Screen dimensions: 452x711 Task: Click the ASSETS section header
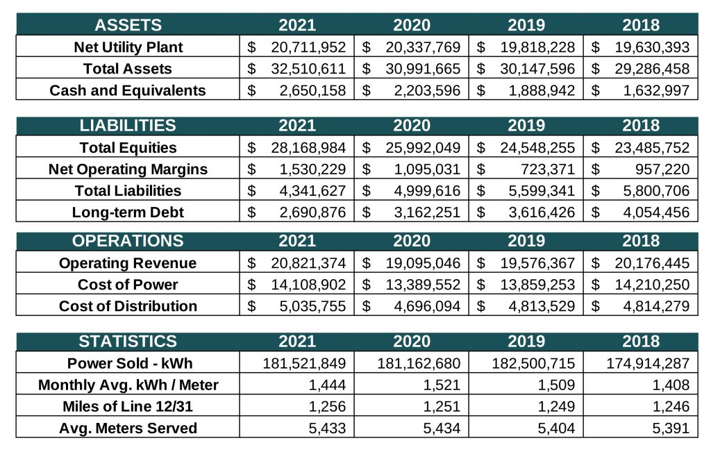128,26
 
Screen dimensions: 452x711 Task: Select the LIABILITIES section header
128,126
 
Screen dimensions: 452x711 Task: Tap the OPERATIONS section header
128,241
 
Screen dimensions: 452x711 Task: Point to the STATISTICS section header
128,342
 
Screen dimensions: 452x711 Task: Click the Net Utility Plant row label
128,47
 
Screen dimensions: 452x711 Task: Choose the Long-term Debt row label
128,212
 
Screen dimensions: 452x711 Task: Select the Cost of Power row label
128,285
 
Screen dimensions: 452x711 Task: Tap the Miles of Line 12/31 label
128,407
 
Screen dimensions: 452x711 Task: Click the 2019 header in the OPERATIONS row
526,241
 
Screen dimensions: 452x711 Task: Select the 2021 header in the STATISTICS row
297,342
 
